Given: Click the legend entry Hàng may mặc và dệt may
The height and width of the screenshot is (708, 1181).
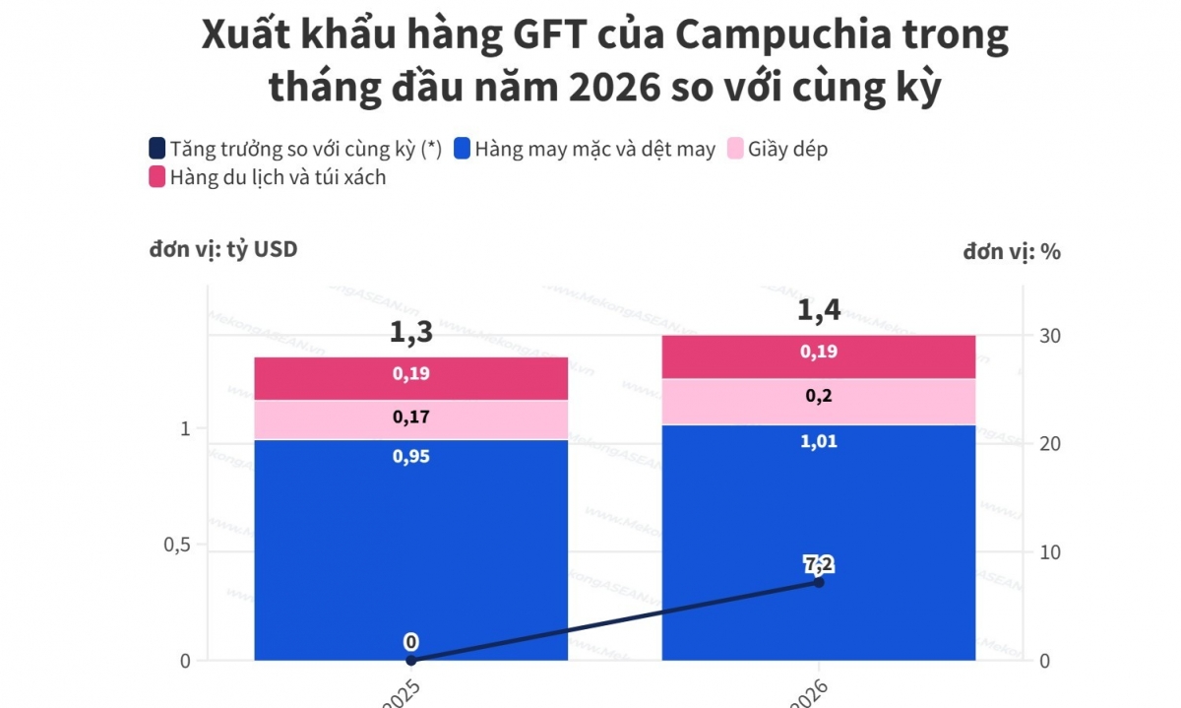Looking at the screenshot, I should pyautogui.click(x=594, y=150).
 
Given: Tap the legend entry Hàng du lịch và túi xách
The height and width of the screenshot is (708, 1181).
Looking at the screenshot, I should pyautogui.click(x=278, y=177).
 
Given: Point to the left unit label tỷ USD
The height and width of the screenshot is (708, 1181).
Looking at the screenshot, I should pyautogui.click(x=223, y=250).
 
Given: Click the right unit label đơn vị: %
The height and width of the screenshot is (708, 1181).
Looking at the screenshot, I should pyautogui.click(x=1012, y=252).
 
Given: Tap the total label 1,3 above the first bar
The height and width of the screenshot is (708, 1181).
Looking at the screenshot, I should pyautogui.click(x=410, y=333).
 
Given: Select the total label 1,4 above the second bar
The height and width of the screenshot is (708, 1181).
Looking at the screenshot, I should pyautogui.click(x=818, y=311).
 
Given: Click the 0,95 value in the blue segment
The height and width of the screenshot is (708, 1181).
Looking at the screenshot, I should pyautogui.click(x=410, y=457).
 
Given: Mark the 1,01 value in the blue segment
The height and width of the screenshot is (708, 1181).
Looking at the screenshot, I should pyautogui.click(x=818, y=442).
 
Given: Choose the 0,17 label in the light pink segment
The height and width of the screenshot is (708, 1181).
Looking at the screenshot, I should pyautogui.click(x=410, y=418).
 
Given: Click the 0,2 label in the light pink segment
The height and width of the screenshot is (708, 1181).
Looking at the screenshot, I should pyautogui.click(x=818, y=396).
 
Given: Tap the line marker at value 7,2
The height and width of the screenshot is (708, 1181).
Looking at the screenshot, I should pyautogui.click(x=818, y=582).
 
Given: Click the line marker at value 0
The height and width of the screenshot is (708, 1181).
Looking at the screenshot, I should pyautogui.click(x=410, y=660).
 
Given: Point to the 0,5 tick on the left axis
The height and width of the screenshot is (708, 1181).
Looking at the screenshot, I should pyautogui.click(x=177, y=545).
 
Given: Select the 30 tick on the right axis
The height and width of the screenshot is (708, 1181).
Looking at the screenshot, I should pyautogui.click(x=1050, y=336).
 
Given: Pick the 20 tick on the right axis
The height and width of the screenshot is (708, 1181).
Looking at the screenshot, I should pyautogui.click(x=1050, y=444).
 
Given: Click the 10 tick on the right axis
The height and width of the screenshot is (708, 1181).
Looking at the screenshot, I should pyautogui.click(x=1050, y=552).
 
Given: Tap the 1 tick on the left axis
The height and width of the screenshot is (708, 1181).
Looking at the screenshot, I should pyautogui.click(x=184, y=428).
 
